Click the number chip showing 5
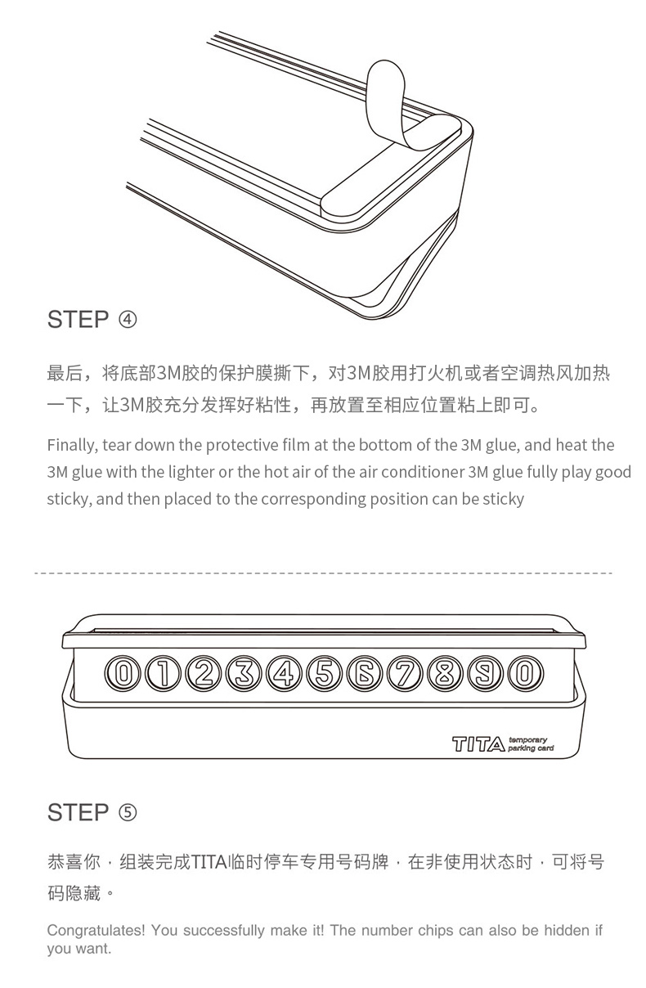324,673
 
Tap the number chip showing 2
204,673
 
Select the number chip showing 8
445,673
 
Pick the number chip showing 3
244,673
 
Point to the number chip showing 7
404,673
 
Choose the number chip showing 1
163,673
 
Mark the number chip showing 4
284,673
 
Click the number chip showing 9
485,673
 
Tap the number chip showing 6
364,673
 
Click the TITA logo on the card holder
478,744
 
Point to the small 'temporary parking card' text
531,743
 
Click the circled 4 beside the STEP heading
128,319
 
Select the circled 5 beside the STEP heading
128,812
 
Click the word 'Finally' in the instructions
72,446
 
